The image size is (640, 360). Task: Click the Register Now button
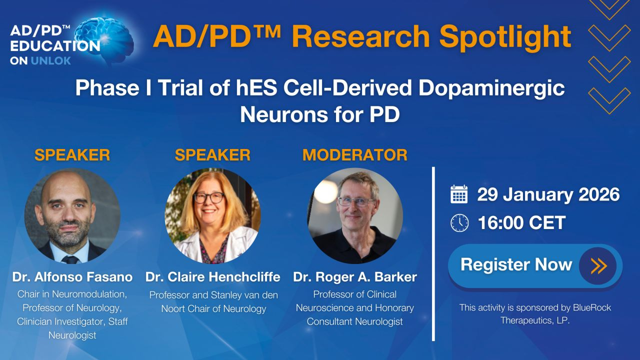pos(535,265)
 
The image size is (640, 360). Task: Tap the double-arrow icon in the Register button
pos(598,266)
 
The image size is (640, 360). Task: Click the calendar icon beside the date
pos(459,194)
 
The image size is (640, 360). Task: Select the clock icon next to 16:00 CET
pos(459,223)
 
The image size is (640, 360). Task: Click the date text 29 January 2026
pos(548,194)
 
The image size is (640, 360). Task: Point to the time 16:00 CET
pos(521,222)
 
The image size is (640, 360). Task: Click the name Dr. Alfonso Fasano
pos(72,277)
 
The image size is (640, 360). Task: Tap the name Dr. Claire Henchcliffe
pos(213,277)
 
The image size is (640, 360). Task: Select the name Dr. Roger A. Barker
pos(355,277)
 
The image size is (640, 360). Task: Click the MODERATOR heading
pos(355,155)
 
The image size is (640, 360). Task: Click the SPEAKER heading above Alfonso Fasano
pos(72,155)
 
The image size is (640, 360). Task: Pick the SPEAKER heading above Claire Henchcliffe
pos(212,155)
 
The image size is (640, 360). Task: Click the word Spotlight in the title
pos(505,37)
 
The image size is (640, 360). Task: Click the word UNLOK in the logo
pos(51,60)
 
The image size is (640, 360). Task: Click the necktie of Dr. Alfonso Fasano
pos(70,259)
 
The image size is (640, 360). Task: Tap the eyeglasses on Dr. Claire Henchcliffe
pos(209,197)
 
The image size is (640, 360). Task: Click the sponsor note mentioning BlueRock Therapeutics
pos(535,313)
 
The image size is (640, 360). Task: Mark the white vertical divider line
pos(433,254)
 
